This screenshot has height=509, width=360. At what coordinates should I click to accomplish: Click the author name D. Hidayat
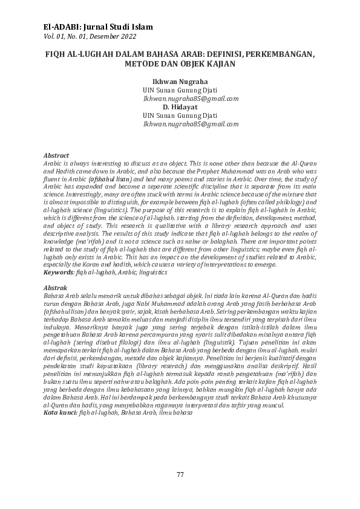tap(180, 106)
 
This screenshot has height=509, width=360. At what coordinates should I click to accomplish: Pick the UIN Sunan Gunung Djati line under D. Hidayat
tap(180, 115)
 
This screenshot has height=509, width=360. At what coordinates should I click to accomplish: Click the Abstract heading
tap(57, 156)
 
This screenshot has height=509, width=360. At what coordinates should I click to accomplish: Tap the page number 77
tap(180, 473)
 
